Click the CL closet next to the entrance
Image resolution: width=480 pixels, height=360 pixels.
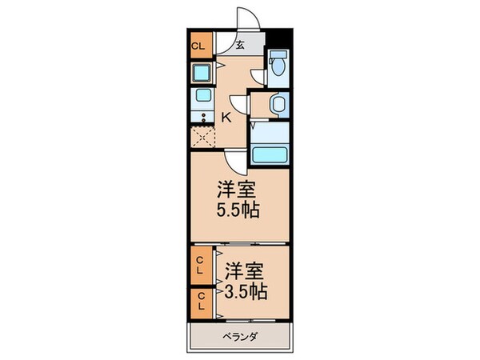click(x=198, y=46)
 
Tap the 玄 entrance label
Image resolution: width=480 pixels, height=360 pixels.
click(x=239, y=45)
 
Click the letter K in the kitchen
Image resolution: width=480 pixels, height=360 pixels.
click(x=226, y=118)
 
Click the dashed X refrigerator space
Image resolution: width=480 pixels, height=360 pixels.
click(x=202, y=137)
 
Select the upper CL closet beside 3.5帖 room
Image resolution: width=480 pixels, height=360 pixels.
click(x=201, y=263)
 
